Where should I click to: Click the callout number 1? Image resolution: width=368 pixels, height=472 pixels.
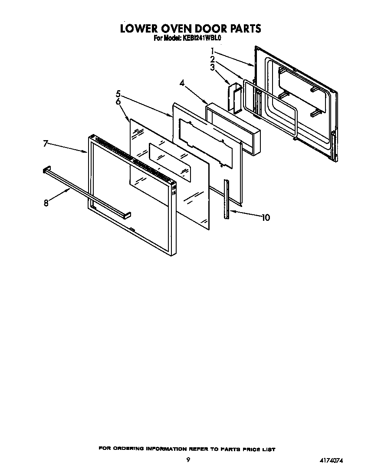click(213, 50)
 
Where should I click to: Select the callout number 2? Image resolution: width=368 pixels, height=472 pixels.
click(213, 59)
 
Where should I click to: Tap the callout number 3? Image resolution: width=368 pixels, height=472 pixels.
click(213, 67)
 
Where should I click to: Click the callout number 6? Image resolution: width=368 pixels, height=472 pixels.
click(118, 102)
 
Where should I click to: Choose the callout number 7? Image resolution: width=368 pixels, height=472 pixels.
click(46, 143)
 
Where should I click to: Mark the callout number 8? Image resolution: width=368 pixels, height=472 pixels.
click(46, 203)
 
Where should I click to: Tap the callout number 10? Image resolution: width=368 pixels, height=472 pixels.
click(265, 217)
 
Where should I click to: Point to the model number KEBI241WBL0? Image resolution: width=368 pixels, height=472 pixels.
click(202, 38)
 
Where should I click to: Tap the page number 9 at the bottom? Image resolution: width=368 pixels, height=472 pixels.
click(188, 460)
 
